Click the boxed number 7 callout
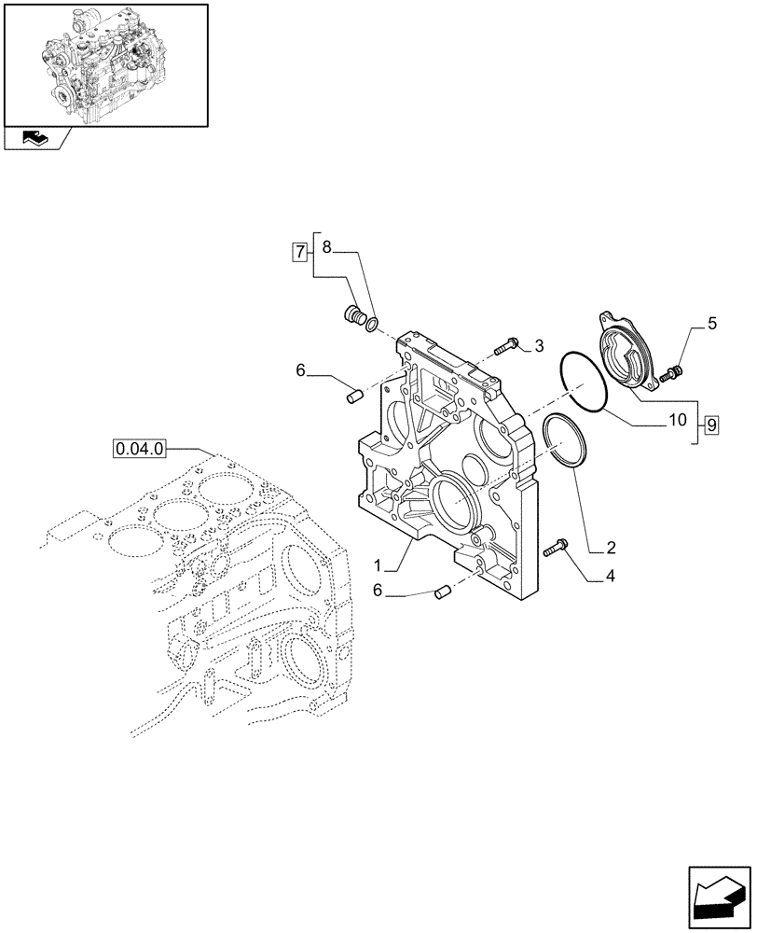pyautogui.click(x=299, y=250)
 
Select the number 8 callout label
pyautogui.click(x=327, y=247)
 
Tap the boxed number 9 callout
pyautogui.click(x=711, y=425)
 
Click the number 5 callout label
pyautogui.click(x=712, y=324)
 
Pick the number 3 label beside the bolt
pyautogui.click(x=538, y=347)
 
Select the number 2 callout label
pyautogui.click(x=609, y=546)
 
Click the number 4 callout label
pyautogui.click(x=609, y=577)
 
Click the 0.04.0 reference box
pyautogui.click(x=140, y=449)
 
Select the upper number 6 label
pyautogui.click(x=301, y=370)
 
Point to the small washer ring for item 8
pyautogui.click(x=372, y=324)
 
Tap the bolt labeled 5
pyautogui.click(x=668, y=375)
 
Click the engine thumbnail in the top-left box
pyautogui.click(x=104, y=63)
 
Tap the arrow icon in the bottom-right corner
pyautogui.click(x=721, y=896)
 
